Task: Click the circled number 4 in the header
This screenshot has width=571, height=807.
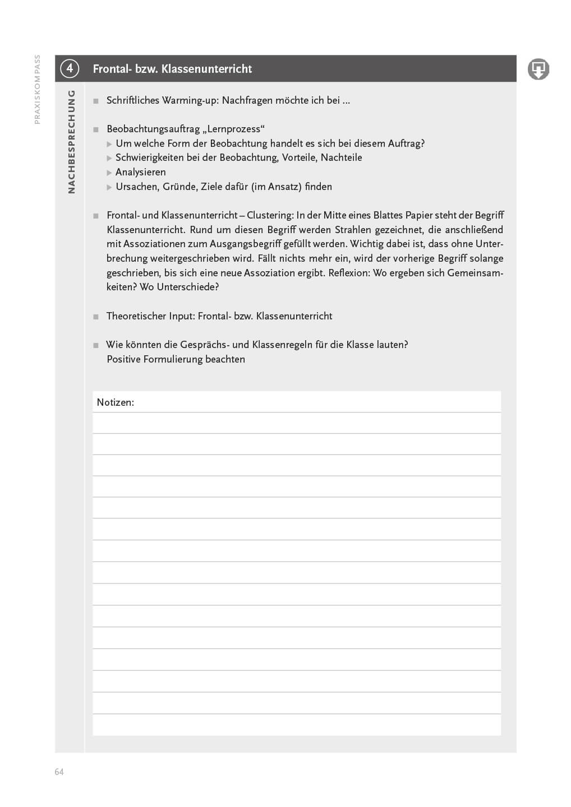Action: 70,68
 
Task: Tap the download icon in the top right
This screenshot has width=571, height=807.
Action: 538,69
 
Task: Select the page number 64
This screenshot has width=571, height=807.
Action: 59,772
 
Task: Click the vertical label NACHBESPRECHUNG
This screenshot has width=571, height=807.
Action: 71,142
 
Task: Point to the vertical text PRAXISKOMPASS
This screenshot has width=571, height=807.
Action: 37,89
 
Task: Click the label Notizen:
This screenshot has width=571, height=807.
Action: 115,402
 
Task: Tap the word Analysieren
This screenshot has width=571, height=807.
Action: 140,172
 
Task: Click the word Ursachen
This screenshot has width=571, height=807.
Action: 136,187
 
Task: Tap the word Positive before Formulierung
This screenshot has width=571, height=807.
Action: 123,359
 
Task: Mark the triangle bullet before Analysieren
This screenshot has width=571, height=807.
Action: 109,173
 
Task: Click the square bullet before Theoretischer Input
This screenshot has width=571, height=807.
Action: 96,317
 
